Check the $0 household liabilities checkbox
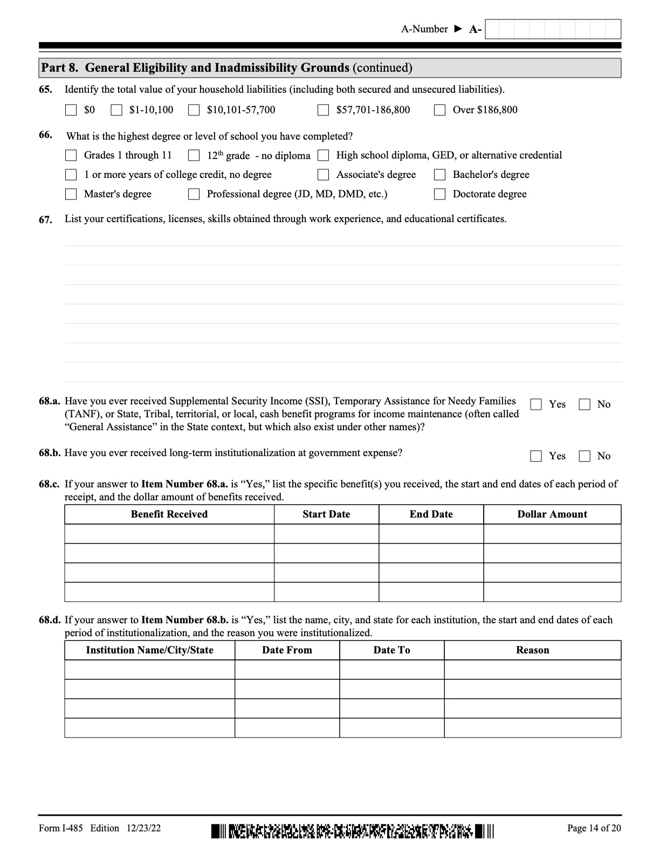pyautogui.click(x=71, y=111)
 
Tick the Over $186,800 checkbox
pyautogui.click(x=440, y=111)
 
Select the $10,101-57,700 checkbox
pyautogui.click(x=194, y=111)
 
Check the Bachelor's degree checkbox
pyautogui.click(x=440, y=175)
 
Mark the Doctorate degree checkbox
pyautogui.click(x=440, y=195)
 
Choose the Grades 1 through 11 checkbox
pyautogui.click(x=71, y=156)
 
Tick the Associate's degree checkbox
pyautogui.click(x=323, y=175)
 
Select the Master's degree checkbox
pyautogui.click(x=71, y=195)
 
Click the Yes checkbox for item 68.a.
pyautogui.click(x=536, y=405)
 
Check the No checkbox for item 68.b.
pyautogui.click(x=585, y=457)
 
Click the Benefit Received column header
pyautogui.click(x=169, y=514)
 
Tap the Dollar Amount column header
pyautogui.click(x=552, y=514)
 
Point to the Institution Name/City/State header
pyautogui.click(x=149, y=650)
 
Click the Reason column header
pyautogui.click(x=532, y=650)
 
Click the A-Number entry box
pyautogui.click(x=553, y=29)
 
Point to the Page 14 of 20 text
pyautogui.click(x=594, y=828)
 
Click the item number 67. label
pyautogui.click(x=45, y=219)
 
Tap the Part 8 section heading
pyautogui.click(x=226, y=68)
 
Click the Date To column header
pyautogui.click(x=391, y=650)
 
